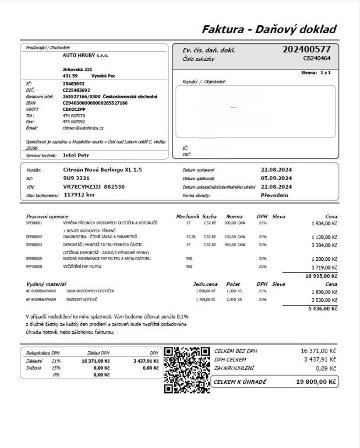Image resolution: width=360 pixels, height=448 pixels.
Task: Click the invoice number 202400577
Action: [307, 49]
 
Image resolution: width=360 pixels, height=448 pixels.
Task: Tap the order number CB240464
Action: [317, 58]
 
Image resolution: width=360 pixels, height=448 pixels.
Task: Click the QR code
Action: [187, 370]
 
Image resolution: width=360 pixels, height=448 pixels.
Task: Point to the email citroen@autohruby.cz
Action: [83, 128]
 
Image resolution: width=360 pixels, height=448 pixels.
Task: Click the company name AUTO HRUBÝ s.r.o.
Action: [86, 56]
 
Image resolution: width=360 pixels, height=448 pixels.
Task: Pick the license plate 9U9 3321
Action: [76, 178]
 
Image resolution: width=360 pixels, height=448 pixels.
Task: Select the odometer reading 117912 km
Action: [79, 195]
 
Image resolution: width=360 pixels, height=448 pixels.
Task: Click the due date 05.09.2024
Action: [276, 178]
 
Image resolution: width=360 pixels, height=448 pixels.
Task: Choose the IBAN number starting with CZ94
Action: [95, 103]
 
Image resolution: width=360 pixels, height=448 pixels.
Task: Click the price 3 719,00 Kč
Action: [324, 266]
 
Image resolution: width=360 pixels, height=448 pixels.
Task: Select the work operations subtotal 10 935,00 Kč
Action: [321, 276]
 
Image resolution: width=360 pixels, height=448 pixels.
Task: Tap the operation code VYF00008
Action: [34, 266]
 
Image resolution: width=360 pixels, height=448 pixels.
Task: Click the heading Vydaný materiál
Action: [46, 284]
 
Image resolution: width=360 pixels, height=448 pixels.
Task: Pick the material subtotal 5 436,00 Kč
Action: [323, 308]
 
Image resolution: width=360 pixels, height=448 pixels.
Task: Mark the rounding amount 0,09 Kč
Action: [325, 368]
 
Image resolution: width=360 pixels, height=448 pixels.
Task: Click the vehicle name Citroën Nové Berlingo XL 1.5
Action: [102, 169]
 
